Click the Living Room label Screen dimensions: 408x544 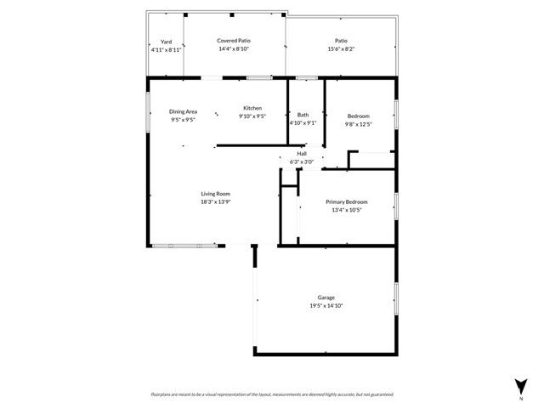[x=215, y=195]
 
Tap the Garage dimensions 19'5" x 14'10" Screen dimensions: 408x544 [x=326, y=305]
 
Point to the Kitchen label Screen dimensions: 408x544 [x=252, y=108]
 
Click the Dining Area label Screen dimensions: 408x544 [x=183, y=111]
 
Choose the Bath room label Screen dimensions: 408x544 [x=303, y=115]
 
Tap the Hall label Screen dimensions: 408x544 [x=302, y=154]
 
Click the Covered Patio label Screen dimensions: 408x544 [x=233, y=41]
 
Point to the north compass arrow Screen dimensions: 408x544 [x=520, y=384]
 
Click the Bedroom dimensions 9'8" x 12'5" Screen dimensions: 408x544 [x=358, y=124]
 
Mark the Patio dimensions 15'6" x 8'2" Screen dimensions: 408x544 [x=341, y=48]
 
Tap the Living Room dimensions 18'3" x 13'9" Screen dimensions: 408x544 [x=215, y=202]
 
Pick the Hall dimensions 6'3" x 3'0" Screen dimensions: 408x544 [x=302, y=161]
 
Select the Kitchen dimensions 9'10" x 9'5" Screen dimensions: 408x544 [x=252, y=116]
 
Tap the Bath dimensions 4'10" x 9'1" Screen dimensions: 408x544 [x=303, y=122]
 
